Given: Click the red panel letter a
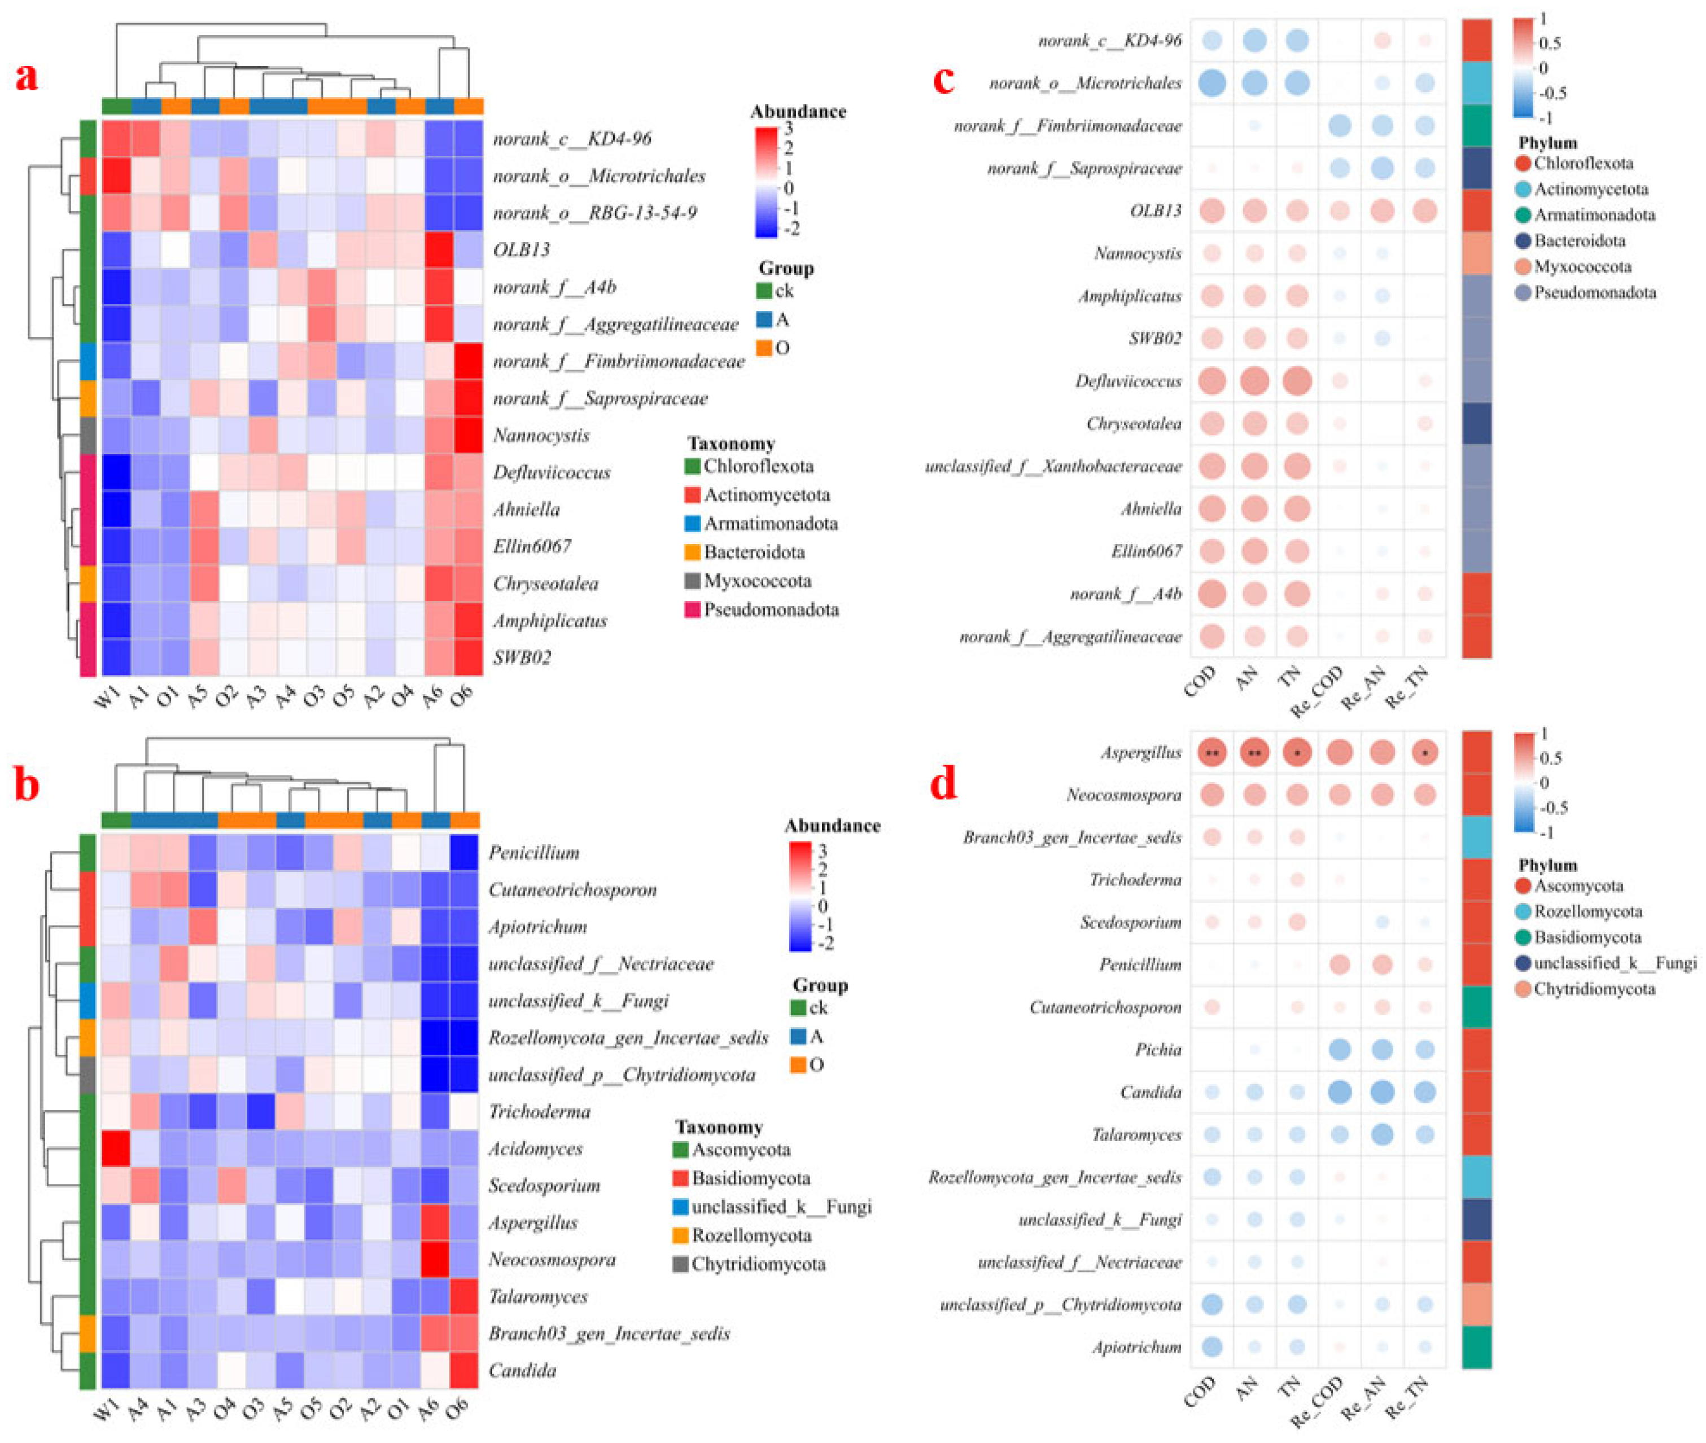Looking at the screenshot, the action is pyautogui.click(x=27, y=78).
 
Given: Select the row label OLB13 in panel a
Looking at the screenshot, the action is pyautogui.click(x=520, y=249).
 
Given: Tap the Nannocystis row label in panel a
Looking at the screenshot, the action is pyautogui.click(x=541, y=435).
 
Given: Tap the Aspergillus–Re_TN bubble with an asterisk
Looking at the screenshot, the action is pyautogui.click(x=1424, y=753).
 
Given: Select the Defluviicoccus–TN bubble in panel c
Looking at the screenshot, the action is pyautogui.click(x=1297, y=381).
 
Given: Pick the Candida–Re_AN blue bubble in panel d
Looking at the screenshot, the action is pyautogui.click(x=1382, y=1091).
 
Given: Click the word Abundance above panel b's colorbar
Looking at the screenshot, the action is pyautogui.click(x=832, y=826).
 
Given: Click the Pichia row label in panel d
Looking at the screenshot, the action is pyautogui.click(x=1158, y=1050).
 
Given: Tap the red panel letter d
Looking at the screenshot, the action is pyautogui.click(x=944, y=784).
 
